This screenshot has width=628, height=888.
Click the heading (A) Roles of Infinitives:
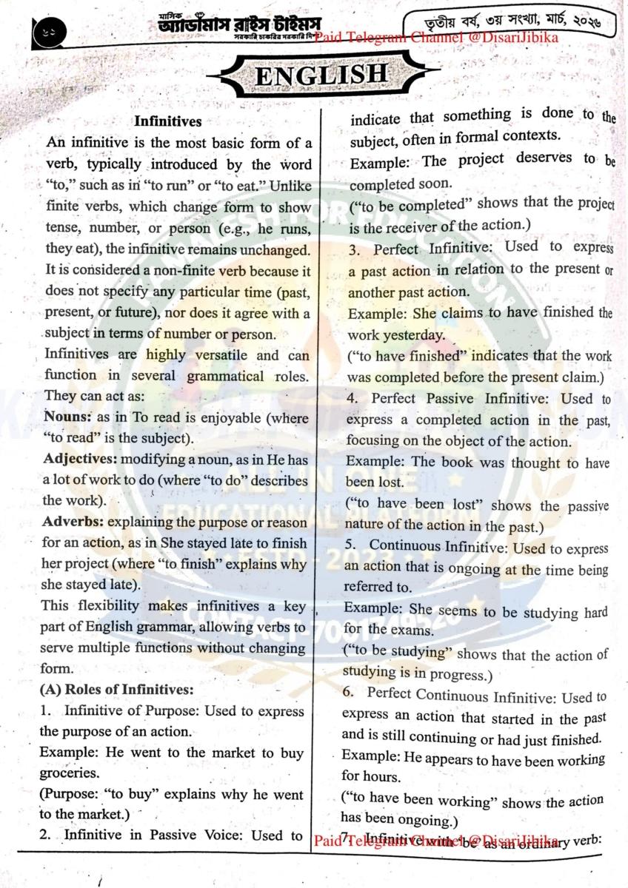click(x=116, y=690)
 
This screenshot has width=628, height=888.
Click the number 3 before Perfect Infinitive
click(x=355, y=249)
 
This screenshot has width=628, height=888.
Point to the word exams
click(x=430, y=630)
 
